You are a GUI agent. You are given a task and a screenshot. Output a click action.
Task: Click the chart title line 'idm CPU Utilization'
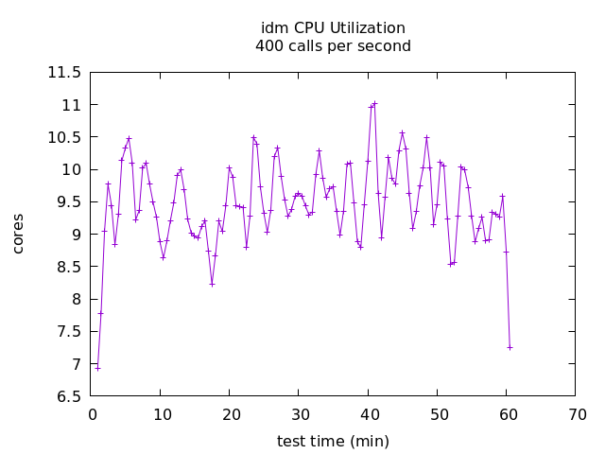click(333, 28)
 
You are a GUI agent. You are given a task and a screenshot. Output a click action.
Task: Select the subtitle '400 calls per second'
click(333, 45)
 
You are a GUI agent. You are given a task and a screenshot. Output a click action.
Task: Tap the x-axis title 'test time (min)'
click(333, 441)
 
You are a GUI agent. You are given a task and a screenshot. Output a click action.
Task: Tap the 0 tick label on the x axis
click(92, 414)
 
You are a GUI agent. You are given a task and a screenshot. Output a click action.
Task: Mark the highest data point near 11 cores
click(375, 103)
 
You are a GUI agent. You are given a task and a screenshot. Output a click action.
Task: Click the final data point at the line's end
click(510, 347)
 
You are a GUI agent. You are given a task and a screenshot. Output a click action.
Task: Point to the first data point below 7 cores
click(97, 368)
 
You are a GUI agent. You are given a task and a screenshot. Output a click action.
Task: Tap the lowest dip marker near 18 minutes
click(212, 284)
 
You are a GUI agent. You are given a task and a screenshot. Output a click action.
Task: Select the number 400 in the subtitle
click(268, 45)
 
